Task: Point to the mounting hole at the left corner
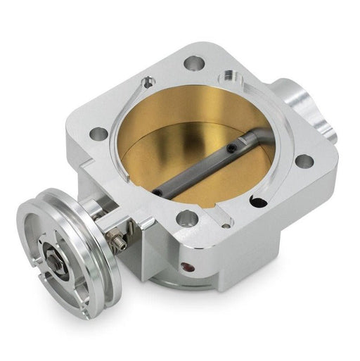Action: pyautogui.click(x=100, y=133)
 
